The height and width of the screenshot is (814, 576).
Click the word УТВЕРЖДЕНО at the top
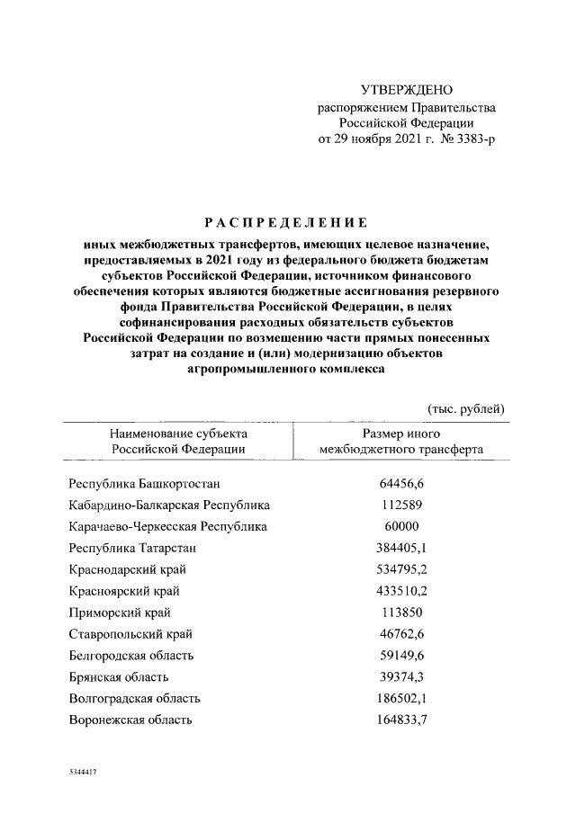(x=406, y=90)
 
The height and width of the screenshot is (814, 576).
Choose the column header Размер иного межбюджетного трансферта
(x=400, y=441)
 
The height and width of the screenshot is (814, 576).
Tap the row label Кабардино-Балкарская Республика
(x=169, y=505)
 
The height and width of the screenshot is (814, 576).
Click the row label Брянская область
(x=119, y=677)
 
